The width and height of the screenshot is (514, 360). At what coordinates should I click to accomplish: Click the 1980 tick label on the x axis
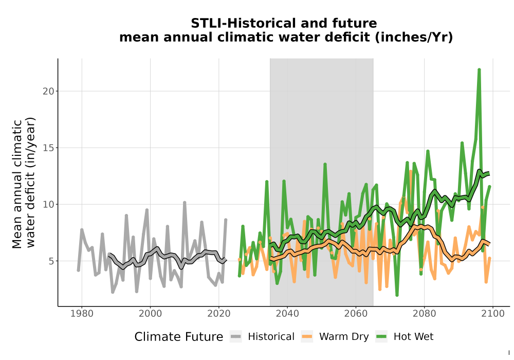click(x=82, y=313)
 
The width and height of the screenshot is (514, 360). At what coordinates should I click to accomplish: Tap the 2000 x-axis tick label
click(x=150, y=313)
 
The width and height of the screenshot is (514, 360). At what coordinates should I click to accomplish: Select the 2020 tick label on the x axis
click(x=218, y=313)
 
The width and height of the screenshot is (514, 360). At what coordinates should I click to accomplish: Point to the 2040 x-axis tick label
click(x=287, y=313)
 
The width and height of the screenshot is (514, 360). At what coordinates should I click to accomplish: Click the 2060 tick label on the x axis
click(x=356, y=313)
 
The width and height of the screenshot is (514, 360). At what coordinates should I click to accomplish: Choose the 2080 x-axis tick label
click(x=424, y=313)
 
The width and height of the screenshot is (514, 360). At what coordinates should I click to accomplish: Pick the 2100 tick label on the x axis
click(x=493, y=313)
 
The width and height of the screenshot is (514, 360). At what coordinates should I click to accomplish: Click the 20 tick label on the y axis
click(x=48, y=91)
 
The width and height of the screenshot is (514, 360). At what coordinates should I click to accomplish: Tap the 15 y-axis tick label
click(x=48, y=148)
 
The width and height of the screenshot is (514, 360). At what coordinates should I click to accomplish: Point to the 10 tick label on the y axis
click(x=48, y=204)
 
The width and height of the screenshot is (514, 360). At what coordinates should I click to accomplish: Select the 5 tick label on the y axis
click(x=51, y=261)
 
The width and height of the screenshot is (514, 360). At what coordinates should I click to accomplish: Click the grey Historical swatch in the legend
click(x=236, y=336)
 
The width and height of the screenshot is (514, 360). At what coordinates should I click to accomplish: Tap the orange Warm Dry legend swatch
click(x=307, y=336)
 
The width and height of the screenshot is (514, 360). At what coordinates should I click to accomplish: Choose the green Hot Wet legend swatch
click(x=381, y=336)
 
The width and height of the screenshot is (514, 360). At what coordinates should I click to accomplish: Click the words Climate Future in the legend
click(x=179, y=337)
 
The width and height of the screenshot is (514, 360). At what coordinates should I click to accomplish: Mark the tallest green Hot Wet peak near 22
click(x=479, y=69)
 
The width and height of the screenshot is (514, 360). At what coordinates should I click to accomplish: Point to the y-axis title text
click(x=24, y=184)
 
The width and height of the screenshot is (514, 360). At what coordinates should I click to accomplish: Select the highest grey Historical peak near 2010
click(x=185, y=203)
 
